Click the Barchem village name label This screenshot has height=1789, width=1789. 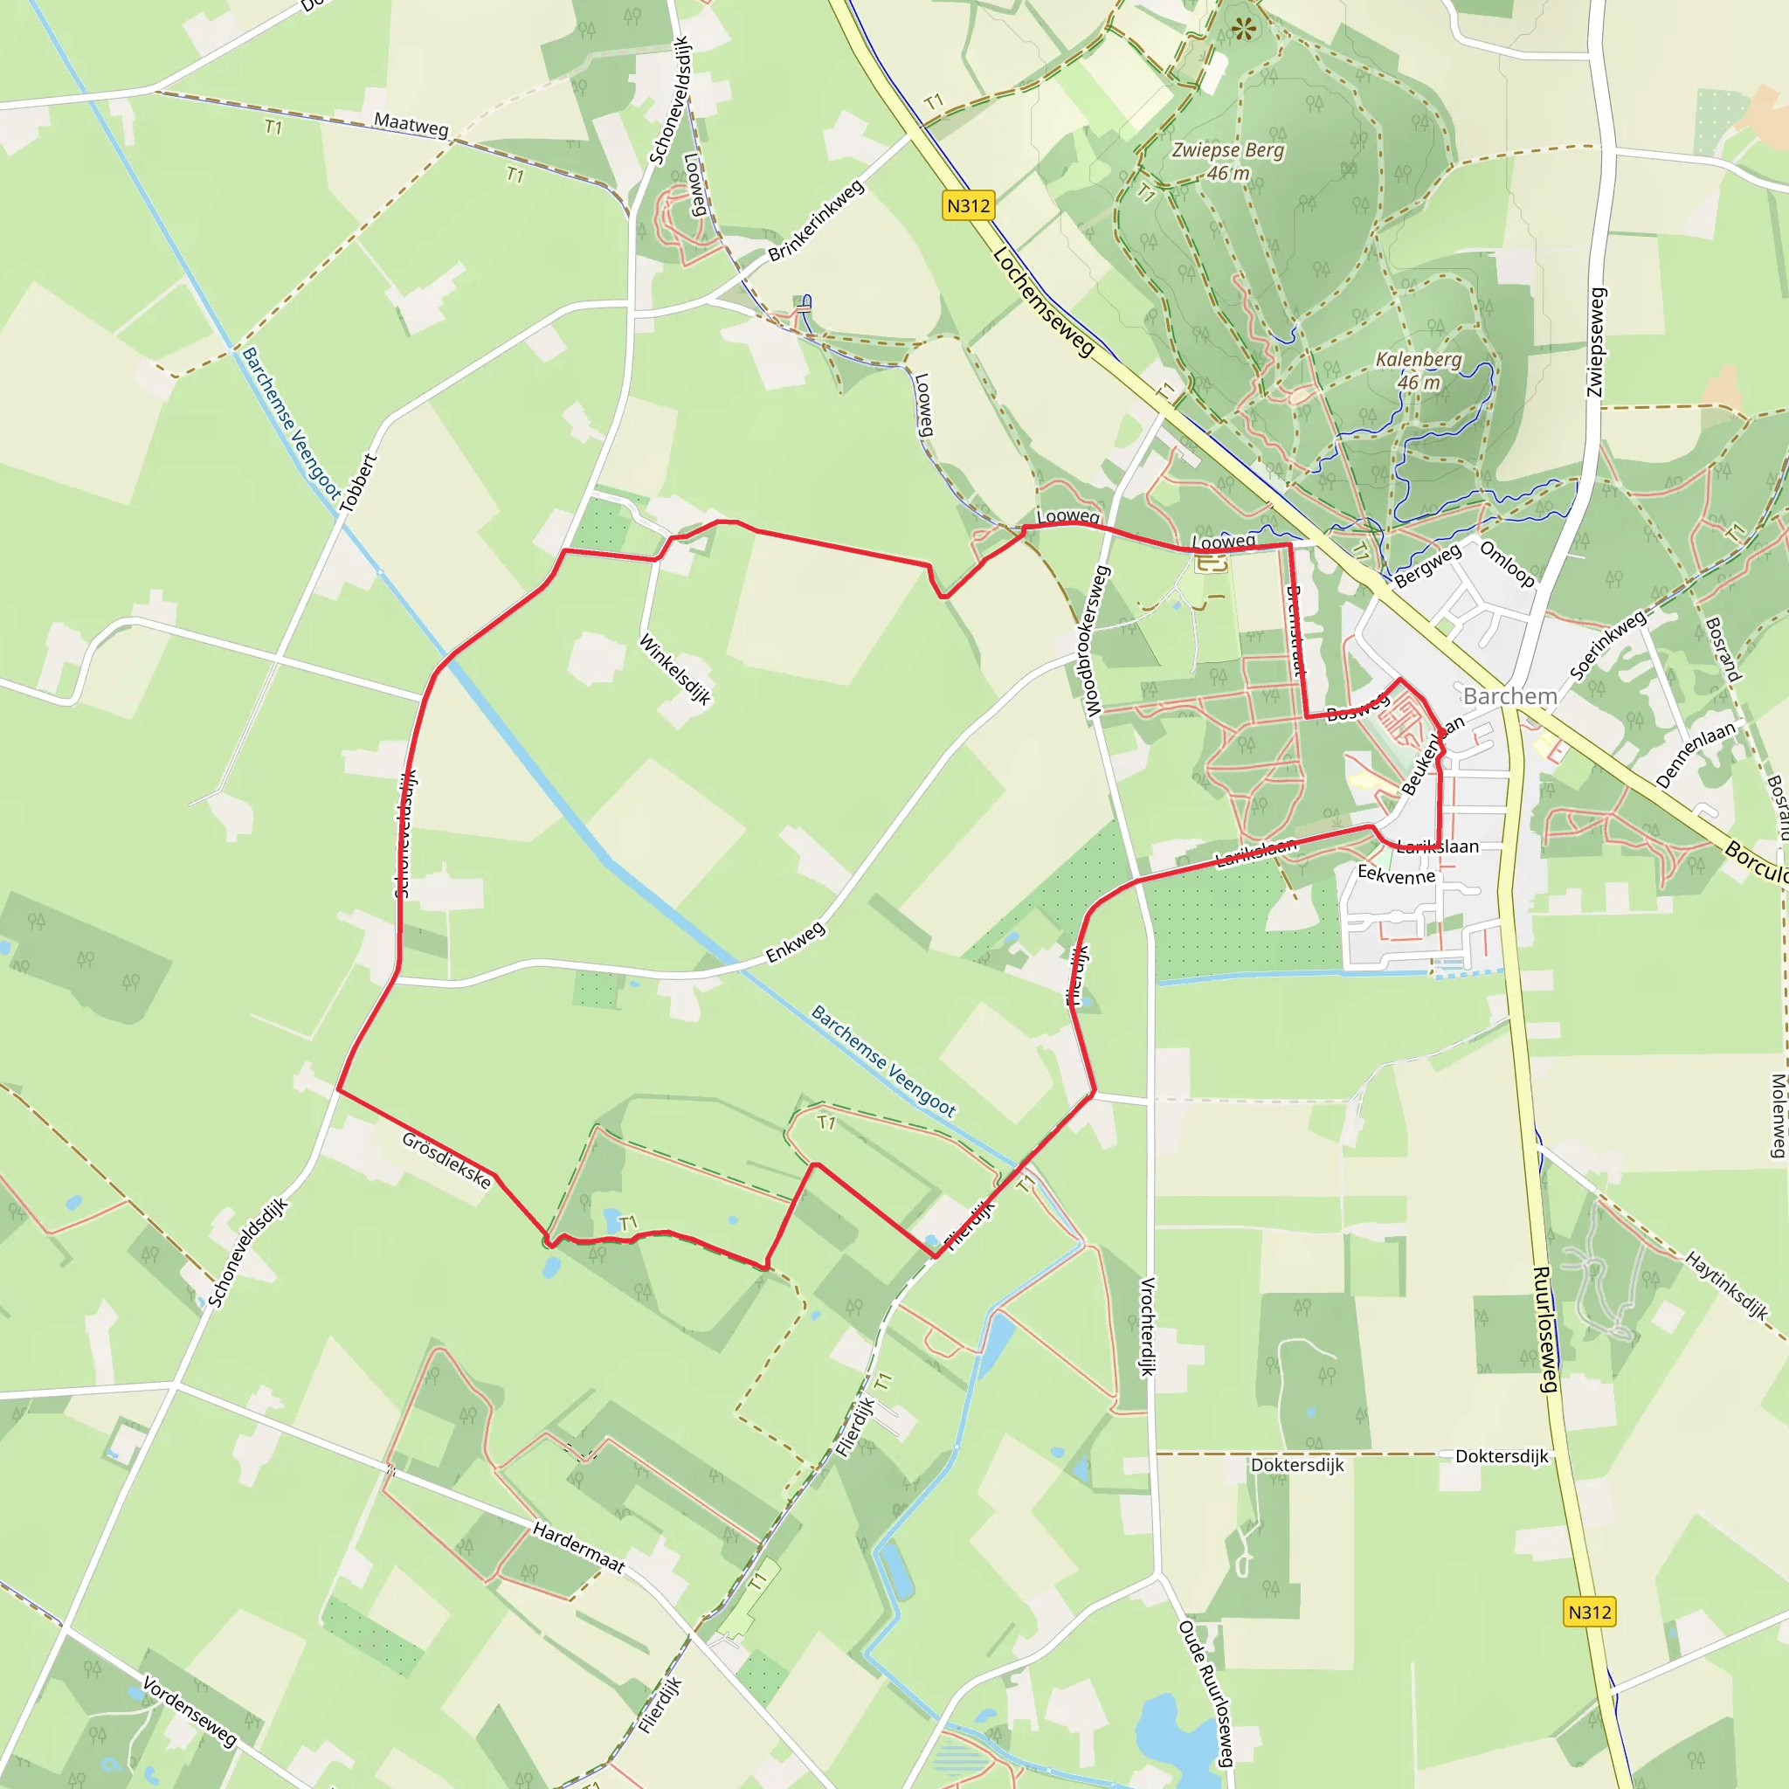(x=1510, y=696)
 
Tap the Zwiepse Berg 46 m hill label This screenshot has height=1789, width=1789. (x=1228, y=161)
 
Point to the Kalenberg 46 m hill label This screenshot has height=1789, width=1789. (x=1419, y=370)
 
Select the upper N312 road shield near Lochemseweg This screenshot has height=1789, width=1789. (x=969, y=205)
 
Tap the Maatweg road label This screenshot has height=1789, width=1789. (x=411, y=124)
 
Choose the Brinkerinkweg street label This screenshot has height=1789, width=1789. (x=816, y=220)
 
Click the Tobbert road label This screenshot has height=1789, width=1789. (x=358, y=482)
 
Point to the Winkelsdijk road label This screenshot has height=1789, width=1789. (x=676, y=669)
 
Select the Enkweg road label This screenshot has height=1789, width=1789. (x=795, y=943)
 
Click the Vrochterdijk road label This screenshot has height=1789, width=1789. (x=1147, y=1326)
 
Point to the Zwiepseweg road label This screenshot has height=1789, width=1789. (x=1595, y=342)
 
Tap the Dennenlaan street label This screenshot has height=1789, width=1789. (x=1696, y=756)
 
